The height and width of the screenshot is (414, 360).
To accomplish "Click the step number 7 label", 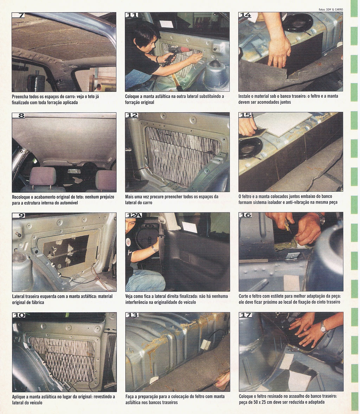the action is click(19, 15).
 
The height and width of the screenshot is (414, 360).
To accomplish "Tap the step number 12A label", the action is click(134, 215).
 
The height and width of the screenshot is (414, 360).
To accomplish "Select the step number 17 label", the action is click(245, 315).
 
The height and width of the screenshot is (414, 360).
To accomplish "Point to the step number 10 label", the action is click(19, 315).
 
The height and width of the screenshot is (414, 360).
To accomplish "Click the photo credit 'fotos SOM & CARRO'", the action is click(331, 9).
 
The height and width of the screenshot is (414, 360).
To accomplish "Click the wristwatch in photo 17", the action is click(323, 328).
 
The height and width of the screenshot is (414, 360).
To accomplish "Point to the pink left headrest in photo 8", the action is click(43, 176).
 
